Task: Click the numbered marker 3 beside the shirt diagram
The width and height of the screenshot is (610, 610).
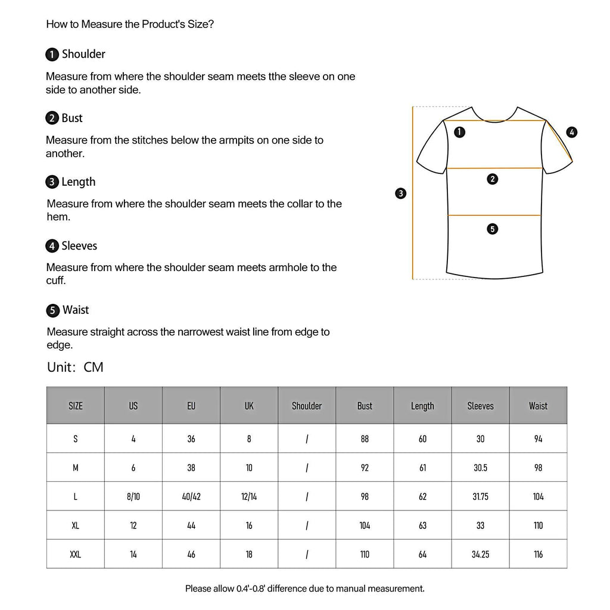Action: (401, 193)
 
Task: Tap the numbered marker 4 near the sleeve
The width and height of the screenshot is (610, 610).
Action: (572, 132)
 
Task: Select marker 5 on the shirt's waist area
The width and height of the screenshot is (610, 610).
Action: (492, 229)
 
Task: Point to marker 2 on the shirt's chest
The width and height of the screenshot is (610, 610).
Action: (492, 179)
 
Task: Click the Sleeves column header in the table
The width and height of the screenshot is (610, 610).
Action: (480, 406)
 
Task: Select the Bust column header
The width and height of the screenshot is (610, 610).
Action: (365, 406)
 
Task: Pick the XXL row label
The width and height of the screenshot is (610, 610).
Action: (76, 554)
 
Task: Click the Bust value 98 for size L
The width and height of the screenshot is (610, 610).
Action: (365, 496)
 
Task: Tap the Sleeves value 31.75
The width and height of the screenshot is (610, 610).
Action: (480, 496)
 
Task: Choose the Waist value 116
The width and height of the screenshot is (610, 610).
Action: (538, 554)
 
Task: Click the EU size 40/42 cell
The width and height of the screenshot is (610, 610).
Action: (191, 496)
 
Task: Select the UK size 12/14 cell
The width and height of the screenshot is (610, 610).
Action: (249, 496)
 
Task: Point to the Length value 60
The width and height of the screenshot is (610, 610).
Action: (422, 438)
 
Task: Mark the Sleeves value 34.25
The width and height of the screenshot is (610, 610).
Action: (480, 554)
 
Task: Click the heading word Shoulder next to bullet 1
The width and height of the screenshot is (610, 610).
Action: (83, 54)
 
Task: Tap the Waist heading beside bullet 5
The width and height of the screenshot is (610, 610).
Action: (76, 310)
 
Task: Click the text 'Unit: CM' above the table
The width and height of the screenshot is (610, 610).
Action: (75, 367)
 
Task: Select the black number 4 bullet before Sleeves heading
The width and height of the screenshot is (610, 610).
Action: (52, 246)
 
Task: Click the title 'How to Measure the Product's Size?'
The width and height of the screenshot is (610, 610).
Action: (130, 24)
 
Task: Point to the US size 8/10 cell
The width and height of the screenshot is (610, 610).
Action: (133, 496)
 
